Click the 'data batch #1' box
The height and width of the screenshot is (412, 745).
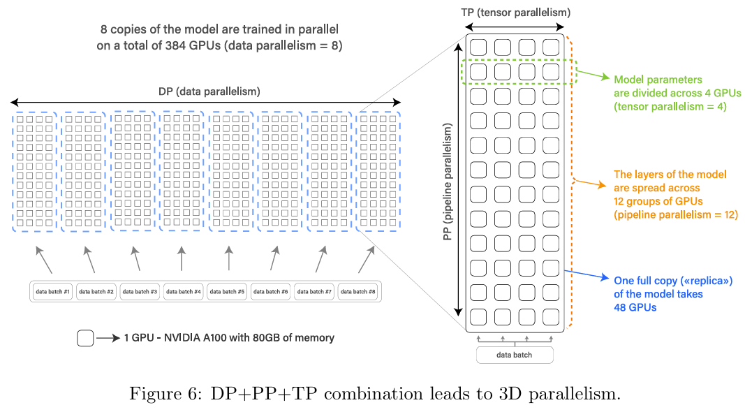click(x=53, y=291)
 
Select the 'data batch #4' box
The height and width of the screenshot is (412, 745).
click(x=184, y=291)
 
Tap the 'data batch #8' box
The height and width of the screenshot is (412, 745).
click(x=358, y=291)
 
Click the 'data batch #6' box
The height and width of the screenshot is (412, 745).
click(x=271, y=291)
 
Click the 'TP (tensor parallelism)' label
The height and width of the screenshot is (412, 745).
click(x=516, y=12)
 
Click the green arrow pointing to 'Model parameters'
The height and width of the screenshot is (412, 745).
click(x=594, y=75)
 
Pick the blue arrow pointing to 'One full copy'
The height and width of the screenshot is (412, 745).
click(x=587, y=275)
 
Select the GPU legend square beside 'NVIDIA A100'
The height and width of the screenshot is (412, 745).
click(x=85, y=339)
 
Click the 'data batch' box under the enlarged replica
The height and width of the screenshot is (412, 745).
click(x=515, y=355)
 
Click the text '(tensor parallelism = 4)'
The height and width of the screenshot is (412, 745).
click(x=670, y=106)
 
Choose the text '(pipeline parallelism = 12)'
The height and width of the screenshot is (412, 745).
click(x=675, y=214)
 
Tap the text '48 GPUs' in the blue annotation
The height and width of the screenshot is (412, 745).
click(x=635, y=307)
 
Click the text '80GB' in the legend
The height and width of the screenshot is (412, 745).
click(x=274, y=338)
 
